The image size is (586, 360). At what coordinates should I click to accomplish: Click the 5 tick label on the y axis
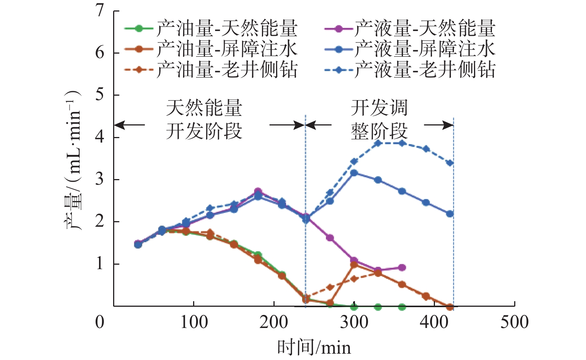(x=100, y=95)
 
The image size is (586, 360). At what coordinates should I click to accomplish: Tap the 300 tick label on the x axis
(x=354, y=322)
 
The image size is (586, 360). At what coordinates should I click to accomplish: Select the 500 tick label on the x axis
(x=514, y=322)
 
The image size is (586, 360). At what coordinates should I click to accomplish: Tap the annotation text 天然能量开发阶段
(x=204, y=119)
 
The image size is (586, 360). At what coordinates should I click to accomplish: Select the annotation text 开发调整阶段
(x=379, y=119)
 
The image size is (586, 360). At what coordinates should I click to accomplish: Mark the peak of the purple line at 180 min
(x=258, y=191)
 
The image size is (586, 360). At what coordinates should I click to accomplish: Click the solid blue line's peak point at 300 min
(x=354, y=173)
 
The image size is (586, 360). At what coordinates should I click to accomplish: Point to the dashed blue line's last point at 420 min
(x=450, y=163)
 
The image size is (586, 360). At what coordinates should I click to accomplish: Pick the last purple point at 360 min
(x=402, y=267)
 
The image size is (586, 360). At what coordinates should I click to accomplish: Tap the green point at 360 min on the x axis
(x=402, y=307)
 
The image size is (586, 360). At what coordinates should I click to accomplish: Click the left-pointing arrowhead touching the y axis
(x=118, y=125)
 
